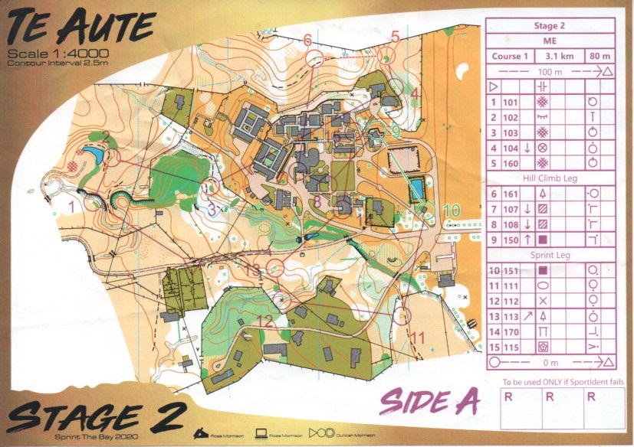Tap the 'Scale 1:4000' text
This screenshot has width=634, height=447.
[57, 53]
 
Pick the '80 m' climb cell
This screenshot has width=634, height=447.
[596, 56]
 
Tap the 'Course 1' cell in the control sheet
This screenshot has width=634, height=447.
[511, 56]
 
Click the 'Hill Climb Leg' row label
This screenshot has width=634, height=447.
[550, 178]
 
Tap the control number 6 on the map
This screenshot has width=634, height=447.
[307, 39]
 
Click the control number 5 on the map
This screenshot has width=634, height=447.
[395, 35]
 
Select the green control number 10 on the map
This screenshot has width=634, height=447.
[452, 210]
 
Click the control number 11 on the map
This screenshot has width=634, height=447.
[418, 336]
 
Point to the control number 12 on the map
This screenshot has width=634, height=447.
[264, 321]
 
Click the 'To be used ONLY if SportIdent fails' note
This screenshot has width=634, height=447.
[550, 380]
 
